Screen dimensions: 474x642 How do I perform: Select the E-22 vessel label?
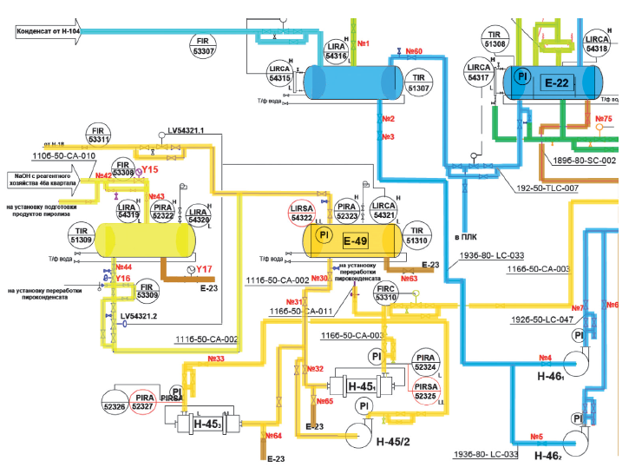click(x=556, y=82)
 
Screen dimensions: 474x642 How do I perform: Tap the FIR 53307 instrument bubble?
click(x=205, y=45)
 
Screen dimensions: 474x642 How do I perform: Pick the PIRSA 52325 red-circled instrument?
click(x=425, y=392)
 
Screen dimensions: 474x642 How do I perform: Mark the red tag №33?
click(x=216, y=358)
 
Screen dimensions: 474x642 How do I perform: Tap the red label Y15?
click(x=150, y=170)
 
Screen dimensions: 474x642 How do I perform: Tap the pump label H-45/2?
click(x=394, y=443)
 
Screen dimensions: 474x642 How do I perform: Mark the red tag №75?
click(x=605, y=119)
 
